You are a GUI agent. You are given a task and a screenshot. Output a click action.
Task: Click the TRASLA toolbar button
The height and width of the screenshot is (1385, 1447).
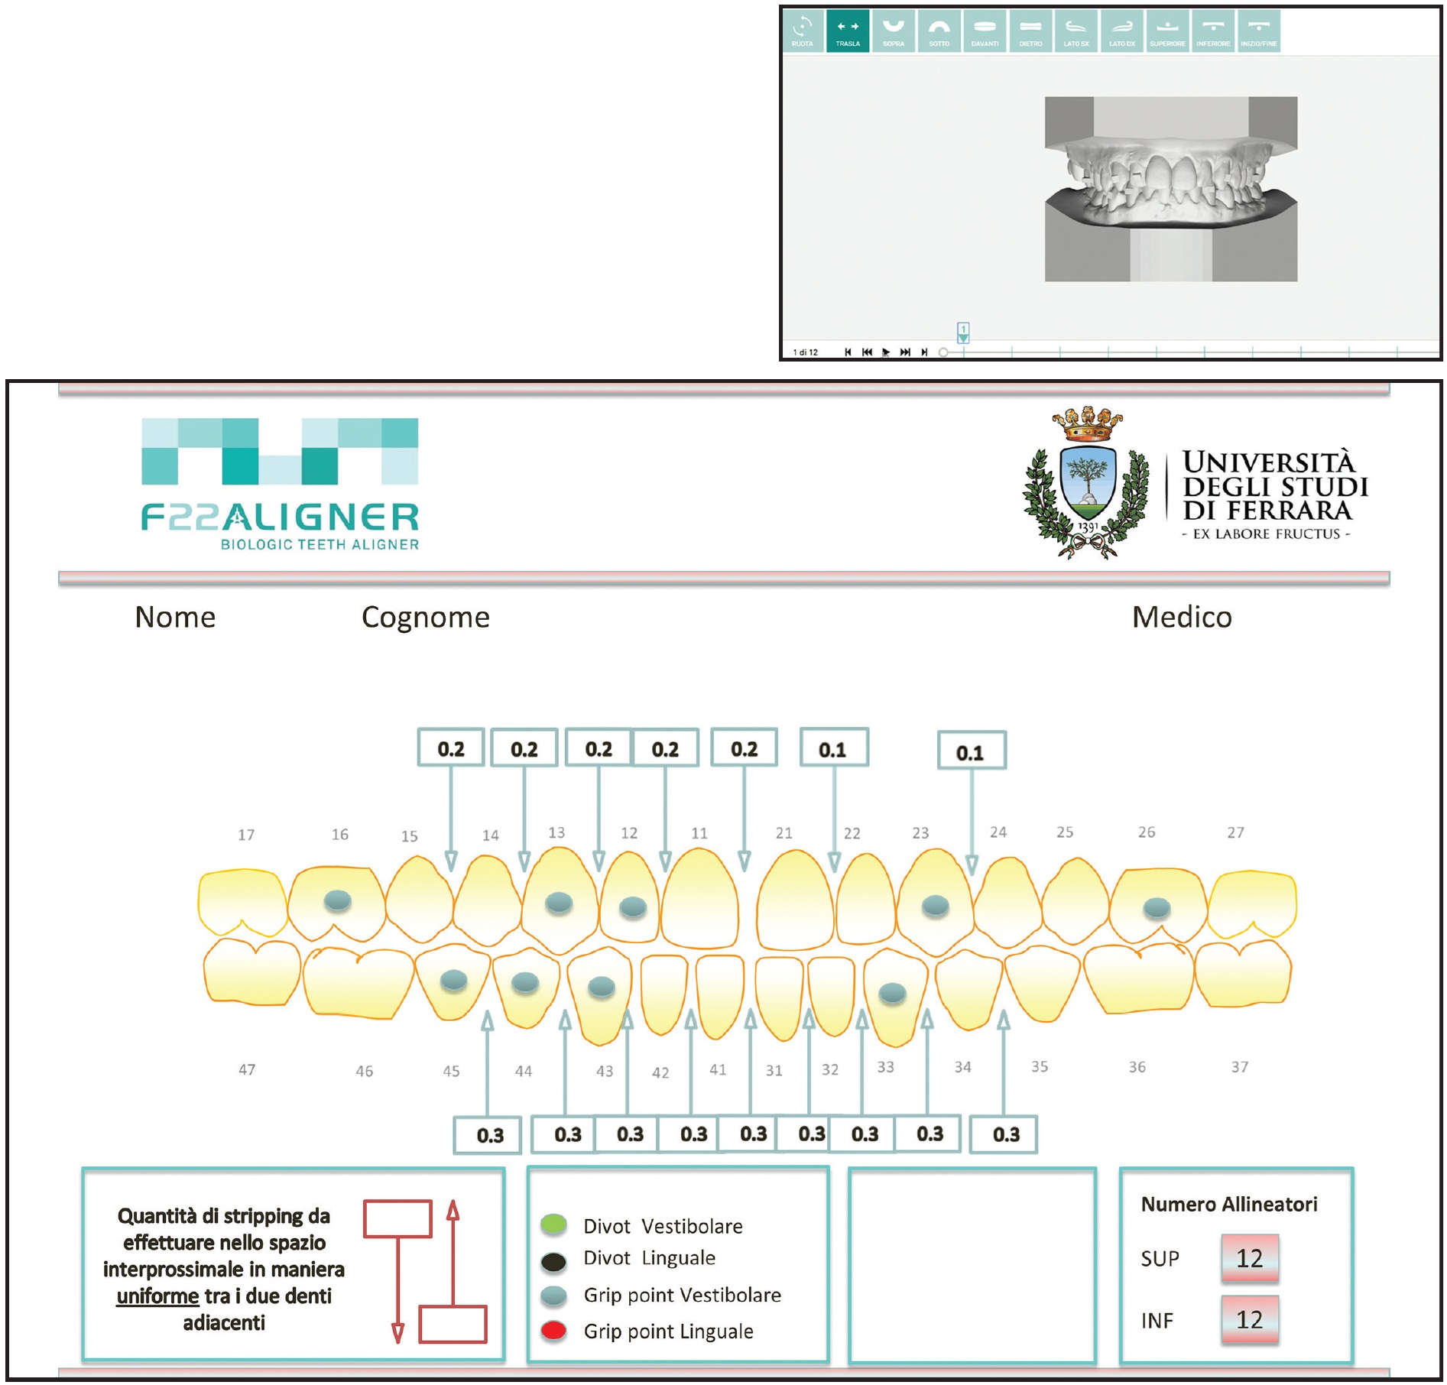pyautogui.click(x=847, y=31)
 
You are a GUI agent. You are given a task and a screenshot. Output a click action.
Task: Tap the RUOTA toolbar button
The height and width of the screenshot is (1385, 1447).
pyautogui.click(x=802, y=31)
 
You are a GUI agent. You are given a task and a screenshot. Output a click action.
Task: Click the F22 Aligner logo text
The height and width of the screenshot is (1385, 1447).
pyautogui.click(x=280, y=518)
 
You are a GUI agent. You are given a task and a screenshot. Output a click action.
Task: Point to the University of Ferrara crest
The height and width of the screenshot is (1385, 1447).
pyautogui.click(x=1086, y=484)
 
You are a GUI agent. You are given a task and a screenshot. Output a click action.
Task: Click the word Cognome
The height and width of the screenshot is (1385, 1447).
pyautogui.click(x=425, y=618)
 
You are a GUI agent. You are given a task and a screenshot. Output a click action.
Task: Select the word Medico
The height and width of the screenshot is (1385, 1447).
pyautogui.click(x=1182, y=618)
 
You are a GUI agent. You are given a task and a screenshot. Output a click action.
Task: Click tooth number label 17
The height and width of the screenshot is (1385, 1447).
pyautogui.click(x=246, y=835)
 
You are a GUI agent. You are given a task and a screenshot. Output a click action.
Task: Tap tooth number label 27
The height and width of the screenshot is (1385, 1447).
pyautogui.click(x=1235, y=832)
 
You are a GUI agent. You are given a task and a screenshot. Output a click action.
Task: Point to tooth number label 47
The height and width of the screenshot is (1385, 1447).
pyautogui.click(x=247, y=1069)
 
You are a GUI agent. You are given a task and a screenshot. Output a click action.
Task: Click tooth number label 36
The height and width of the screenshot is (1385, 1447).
pyautogui.click(x=1137, y=1067)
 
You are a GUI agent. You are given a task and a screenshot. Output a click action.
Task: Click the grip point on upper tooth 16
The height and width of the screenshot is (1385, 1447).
pyautogui.click(x=337, y=900)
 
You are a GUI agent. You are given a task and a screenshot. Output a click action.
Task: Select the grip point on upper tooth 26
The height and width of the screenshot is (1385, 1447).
pyautogui.click(x=1156, y=907)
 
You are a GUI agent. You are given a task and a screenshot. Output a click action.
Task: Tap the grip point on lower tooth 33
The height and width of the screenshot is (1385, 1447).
pyautogui.click(x=892, y=993)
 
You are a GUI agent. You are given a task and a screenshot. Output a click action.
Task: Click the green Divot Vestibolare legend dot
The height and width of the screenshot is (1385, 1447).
pyautogui.click(x=553, y=1224)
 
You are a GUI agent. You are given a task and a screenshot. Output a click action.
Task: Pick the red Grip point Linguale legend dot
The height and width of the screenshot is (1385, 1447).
pyautogui.click(x=553, y=1331)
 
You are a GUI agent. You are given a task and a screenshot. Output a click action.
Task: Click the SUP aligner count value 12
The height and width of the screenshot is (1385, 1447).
pyautogui.click(x=1249, y=1258)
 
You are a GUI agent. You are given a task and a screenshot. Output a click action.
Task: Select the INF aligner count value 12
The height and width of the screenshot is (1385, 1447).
pyautogui.click(x=1249, y=1319)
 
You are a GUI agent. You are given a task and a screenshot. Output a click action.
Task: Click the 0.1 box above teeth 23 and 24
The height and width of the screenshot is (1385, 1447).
pyautogui.click(x=971, y=753)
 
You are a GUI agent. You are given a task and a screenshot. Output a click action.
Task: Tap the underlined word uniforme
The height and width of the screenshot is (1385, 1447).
pyautogui.click(x=157, y=1296)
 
